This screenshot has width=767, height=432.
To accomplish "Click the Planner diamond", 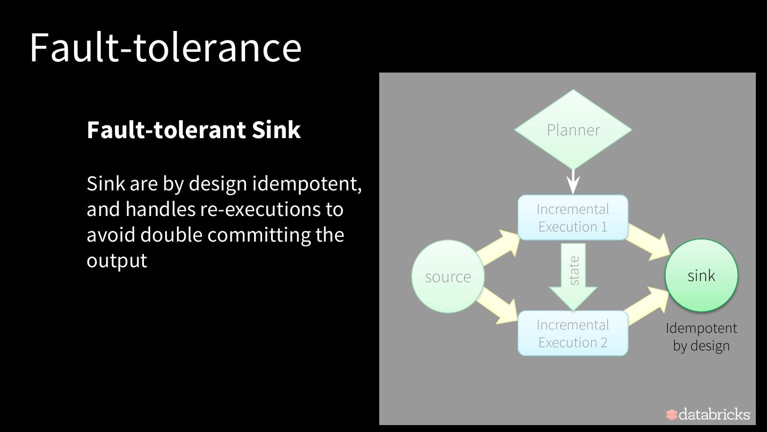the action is click(573, 130).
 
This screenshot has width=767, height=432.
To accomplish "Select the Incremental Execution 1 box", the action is click(573, 218).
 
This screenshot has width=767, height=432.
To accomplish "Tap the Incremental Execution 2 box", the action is click(573, 333).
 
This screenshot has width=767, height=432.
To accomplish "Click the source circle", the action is click(448, 276).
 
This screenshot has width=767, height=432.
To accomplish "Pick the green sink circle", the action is click(701, 275).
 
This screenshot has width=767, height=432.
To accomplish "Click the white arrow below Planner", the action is click(573, 182).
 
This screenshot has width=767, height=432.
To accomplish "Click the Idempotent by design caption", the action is click(701, 337).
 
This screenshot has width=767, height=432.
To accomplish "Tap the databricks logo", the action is click(708, 414).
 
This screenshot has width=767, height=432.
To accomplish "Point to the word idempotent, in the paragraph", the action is click(307, 183).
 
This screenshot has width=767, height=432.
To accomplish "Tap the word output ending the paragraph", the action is click(117, 261).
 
